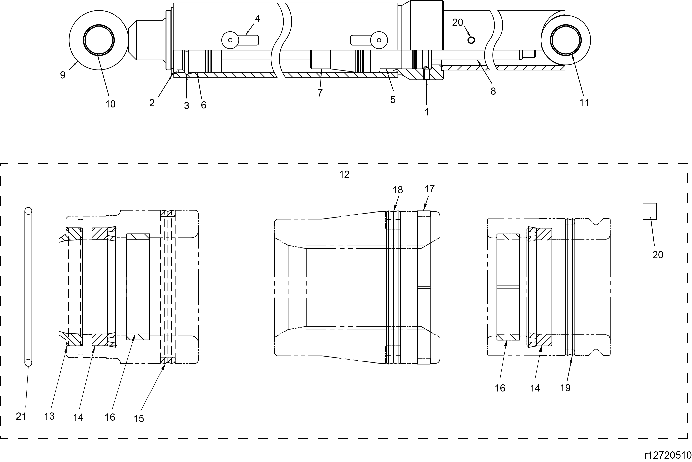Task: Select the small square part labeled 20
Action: click(650, 211)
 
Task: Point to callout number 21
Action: click(21, 416)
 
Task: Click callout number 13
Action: click(49, 416)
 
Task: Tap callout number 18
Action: click(398, 190)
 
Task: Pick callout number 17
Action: click(429, 189)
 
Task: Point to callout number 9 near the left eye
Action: click(63, 75)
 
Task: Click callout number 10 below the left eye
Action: click(110, 104)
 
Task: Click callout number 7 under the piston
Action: click(320, 93)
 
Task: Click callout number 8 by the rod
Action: click(493, 91)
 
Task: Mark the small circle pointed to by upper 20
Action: click(471, 40)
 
